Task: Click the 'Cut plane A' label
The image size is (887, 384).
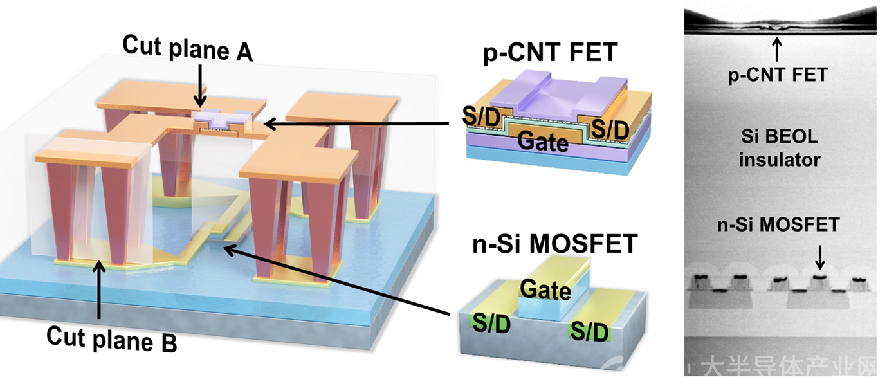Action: pos(188,48)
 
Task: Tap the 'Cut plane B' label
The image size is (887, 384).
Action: pos(112,339)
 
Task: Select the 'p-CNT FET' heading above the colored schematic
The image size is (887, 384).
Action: pos(550,53)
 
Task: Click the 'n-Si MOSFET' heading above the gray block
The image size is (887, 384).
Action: pos(554,244)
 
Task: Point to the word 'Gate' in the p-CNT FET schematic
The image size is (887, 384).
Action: pos(542,142)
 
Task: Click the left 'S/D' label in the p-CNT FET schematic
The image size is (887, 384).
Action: pos(482,116)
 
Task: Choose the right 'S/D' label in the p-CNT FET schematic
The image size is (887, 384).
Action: pos(610,129)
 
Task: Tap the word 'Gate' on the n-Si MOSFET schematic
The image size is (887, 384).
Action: pos(545,290)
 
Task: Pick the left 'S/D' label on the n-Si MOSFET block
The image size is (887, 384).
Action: pos(491,324)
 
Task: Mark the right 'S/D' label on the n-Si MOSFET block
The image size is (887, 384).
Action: pos(589,331)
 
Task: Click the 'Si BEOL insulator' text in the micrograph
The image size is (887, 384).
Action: pos(780,148)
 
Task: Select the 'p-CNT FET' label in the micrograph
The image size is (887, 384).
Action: pos(778,75)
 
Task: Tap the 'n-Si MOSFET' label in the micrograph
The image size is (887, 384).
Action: pos(778,225)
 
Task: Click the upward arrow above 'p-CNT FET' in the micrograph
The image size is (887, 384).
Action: pos(777,50)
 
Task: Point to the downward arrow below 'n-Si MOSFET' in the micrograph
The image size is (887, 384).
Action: pos(820,258)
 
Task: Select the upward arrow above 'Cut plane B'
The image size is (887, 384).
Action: pos(98,290)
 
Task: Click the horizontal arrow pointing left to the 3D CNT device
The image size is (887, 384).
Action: pos(356,124)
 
